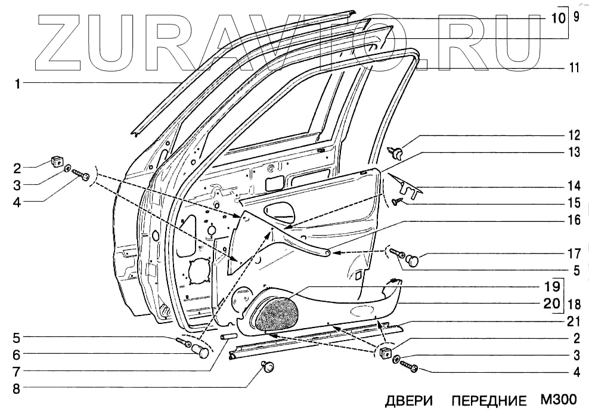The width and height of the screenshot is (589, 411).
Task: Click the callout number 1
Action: tap(18, 84)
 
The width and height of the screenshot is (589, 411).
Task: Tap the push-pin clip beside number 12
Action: tap(398, 152)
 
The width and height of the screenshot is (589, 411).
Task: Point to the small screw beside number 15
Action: tap(397, 202)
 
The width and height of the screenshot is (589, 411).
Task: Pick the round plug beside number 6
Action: tap(203, 351)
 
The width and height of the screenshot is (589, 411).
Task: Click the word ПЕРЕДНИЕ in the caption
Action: tap(489, 400)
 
